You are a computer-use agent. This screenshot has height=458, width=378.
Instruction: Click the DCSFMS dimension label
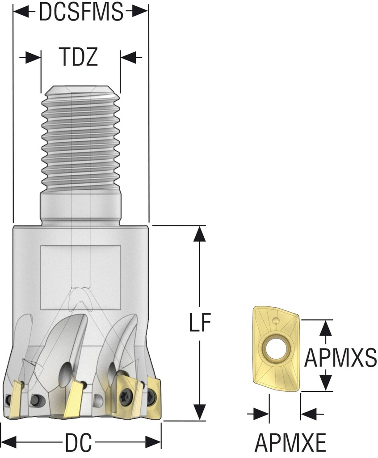[81, 12]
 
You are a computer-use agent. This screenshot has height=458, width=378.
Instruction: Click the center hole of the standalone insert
[273, 347]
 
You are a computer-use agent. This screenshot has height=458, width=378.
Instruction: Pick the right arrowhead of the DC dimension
[154, 443]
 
